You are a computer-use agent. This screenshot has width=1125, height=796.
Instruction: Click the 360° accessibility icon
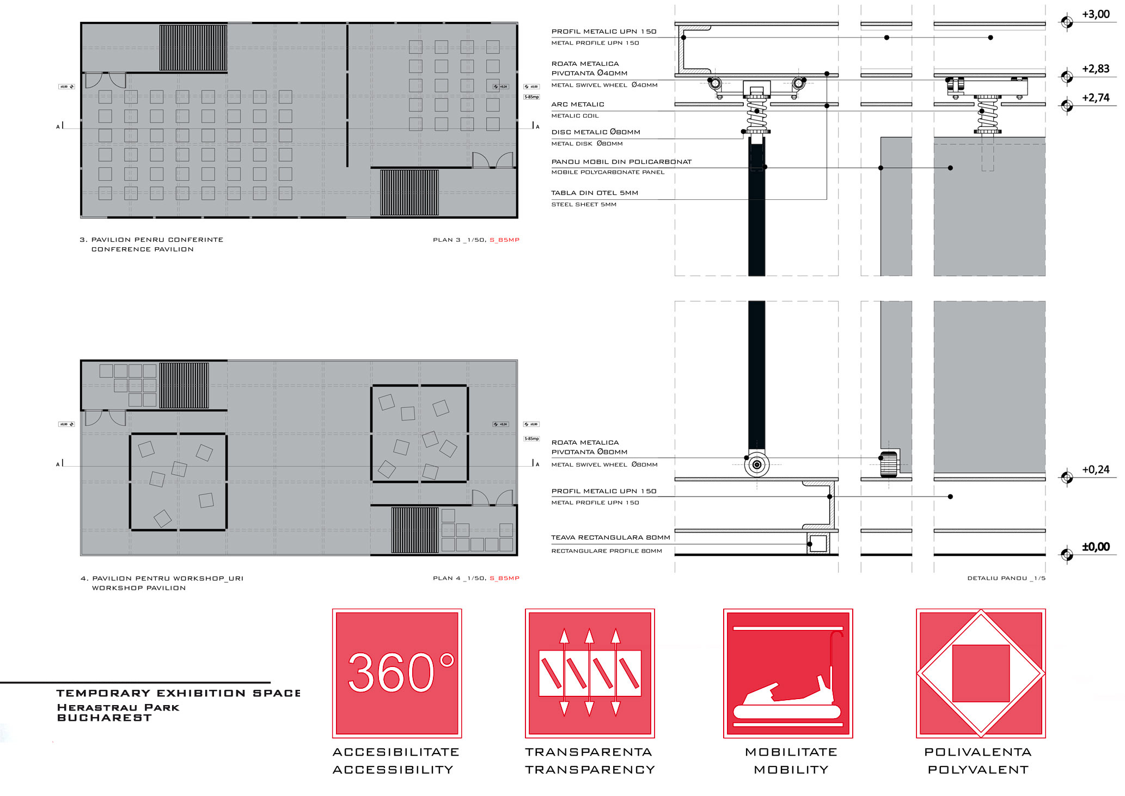(397, 673)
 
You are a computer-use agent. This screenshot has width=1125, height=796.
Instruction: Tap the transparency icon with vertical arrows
(590, 673)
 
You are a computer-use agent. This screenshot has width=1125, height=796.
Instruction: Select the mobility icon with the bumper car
(788, 673)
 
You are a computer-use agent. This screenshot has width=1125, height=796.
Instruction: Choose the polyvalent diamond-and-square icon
(981, 673)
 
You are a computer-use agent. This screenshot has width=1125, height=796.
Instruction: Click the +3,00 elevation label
(1095, 15)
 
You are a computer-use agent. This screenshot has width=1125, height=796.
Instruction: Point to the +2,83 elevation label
(1095, 69)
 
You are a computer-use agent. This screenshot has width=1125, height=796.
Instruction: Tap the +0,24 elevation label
(1095, 470)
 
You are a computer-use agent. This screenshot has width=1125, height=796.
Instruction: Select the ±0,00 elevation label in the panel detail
(1095, 547)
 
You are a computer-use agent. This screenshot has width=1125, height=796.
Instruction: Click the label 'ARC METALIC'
(578, 105)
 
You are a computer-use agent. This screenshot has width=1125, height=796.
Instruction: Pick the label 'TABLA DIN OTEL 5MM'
(595, 193)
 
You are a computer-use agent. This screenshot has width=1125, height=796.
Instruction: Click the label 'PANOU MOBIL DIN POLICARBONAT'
(621, 162)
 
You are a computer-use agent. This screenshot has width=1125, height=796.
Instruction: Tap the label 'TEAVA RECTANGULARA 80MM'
(610, 538)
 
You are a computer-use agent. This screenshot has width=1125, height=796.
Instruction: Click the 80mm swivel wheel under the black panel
(757, 465)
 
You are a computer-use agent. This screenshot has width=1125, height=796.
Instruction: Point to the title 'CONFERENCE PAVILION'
(142, 249)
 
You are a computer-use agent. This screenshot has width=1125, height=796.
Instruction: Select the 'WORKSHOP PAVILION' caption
(139, 588)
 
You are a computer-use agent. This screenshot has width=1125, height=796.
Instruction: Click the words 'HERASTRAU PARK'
(118, 708)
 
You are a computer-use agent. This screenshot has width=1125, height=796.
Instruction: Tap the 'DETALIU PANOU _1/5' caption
(1006, 578)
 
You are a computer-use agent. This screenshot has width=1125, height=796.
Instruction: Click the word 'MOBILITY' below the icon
(791, 770)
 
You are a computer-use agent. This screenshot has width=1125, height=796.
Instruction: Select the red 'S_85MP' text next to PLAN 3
(504, 240)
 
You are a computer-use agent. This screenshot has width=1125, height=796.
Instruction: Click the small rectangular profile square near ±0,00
(818, 544)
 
